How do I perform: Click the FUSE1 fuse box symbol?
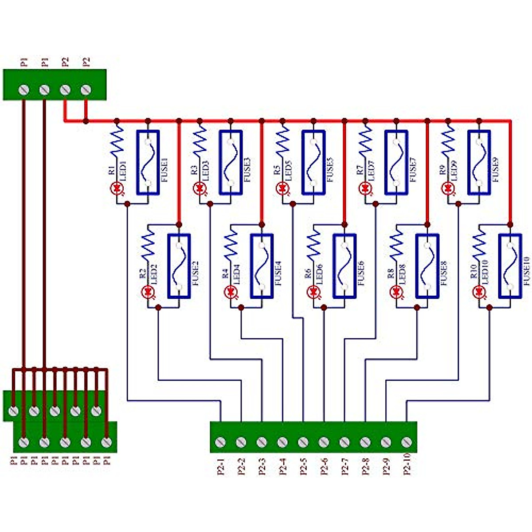(148, 162)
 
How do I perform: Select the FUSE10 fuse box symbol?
(510, 266)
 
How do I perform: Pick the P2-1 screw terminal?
(220, 442)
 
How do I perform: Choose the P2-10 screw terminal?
(407, 442)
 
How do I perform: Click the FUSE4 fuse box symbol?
(262, 266)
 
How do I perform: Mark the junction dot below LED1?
(127, 203)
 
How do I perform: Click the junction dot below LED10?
(489, 307)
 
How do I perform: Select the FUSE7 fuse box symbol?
(396, 162)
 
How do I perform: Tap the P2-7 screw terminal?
(344, 442)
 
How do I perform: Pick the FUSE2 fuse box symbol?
(179, 266)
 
